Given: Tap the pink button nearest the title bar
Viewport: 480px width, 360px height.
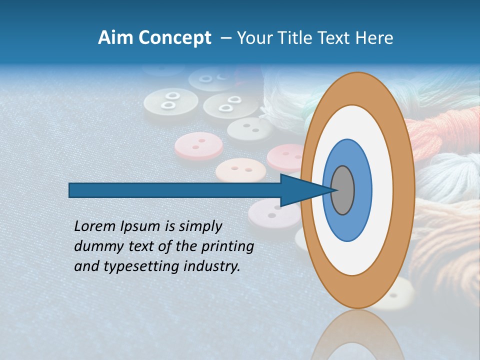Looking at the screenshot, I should click(198, 145).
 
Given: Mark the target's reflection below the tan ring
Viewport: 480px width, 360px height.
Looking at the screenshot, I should click(357, 335).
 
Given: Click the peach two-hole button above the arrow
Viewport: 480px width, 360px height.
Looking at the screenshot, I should click(240, 170).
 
